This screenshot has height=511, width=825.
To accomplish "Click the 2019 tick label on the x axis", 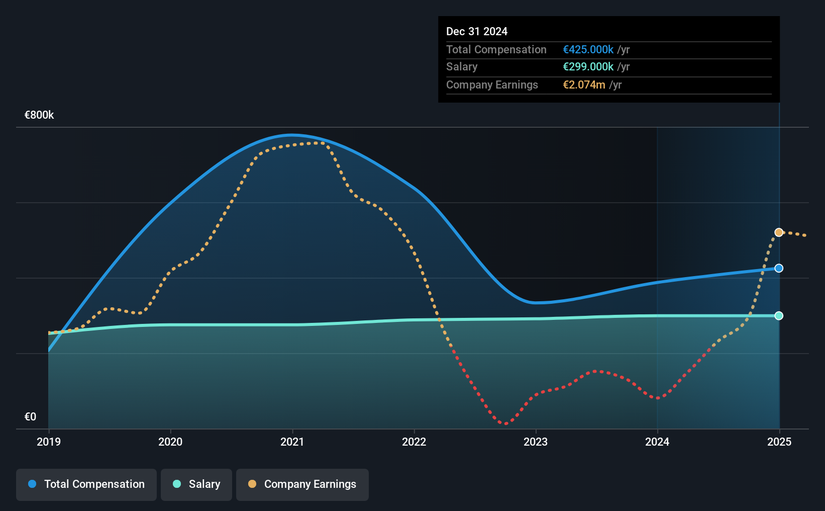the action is tap(49, 442).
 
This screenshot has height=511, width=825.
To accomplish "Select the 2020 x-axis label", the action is tap(170, 442).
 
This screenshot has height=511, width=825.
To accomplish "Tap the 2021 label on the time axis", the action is tap(292, 442).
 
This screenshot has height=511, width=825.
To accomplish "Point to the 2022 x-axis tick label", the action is tap(414, 442).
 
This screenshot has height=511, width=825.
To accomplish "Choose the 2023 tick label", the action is tap(536, 442).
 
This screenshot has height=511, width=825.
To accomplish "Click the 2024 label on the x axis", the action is tap(657, 442).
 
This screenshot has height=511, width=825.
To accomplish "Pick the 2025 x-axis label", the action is tap(779, 442).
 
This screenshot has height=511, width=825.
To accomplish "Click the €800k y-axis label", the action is tap(39, 115).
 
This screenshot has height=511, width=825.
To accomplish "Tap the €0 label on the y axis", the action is tap(30, 416).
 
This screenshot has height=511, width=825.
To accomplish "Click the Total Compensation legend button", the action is tap(86, 484).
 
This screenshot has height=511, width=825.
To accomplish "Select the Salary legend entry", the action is tap(196, 484).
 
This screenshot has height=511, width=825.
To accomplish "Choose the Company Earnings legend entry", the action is tap(302, 484).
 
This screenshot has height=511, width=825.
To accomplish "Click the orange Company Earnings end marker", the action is tap(779, 232).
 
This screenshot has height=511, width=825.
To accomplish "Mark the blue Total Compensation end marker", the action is tap(779, 268).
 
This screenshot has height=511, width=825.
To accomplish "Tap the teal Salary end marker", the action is tap(779, 315).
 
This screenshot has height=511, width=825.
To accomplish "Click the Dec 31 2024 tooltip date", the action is tap(477, 31).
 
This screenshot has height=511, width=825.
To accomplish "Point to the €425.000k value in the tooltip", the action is tap(588, 49).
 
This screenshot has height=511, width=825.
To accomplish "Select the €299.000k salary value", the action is tap(588, 67).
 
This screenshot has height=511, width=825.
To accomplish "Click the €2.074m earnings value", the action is tap(584, 85).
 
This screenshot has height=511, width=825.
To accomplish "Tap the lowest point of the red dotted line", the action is tap(505, 423).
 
